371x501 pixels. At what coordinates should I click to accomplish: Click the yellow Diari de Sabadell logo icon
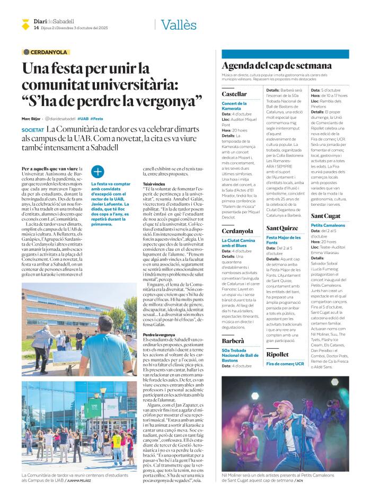(25, 23)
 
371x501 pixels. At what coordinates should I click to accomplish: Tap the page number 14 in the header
(36, 28)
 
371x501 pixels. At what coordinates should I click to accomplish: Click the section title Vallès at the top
(179, 24)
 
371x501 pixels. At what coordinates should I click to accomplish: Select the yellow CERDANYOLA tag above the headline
(45, 52)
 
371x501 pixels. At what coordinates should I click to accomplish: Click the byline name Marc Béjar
(31, 119)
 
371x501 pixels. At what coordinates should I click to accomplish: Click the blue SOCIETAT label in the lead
(32, 130)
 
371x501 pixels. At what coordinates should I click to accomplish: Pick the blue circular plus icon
(98, 171)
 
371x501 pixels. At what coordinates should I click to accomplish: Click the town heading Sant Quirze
(281, 227)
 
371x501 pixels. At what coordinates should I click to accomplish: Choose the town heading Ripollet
(278, 339)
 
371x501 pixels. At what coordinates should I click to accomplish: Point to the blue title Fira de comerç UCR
(285, 349)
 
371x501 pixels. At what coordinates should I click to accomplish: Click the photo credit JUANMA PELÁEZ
(79, 480)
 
